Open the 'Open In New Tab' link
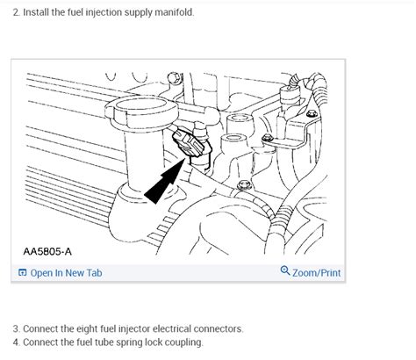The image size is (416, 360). coord(66,273)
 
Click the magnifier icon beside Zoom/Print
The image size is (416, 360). coord(285,272)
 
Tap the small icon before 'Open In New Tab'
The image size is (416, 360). coord(22,273)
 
